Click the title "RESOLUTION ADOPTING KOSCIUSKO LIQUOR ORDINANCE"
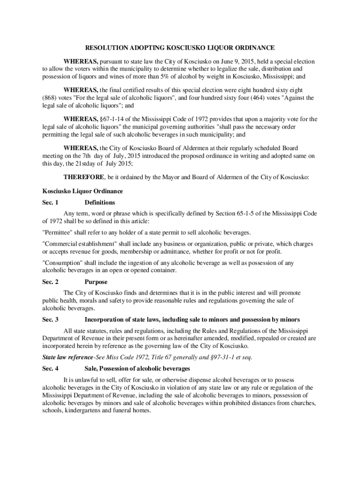pyautogui.click(x=180, y=48)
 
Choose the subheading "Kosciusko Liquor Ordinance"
pyautogui.click(x=83, y=191)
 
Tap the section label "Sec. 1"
pyautogui.click(x=50, y=203)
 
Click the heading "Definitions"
pyautogui.click(x=100, y=203)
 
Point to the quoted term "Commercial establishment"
pyautogui.click(x=79, y=244)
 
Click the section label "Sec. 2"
pyautogui.click(x=50, y=282)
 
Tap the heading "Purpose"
pyautogui.click(x=96, y=282)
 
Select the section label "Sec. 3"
pyautogui.click(x=50, y=319)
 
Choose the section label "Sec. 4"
pyautogui.click(x=50, y=369)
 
